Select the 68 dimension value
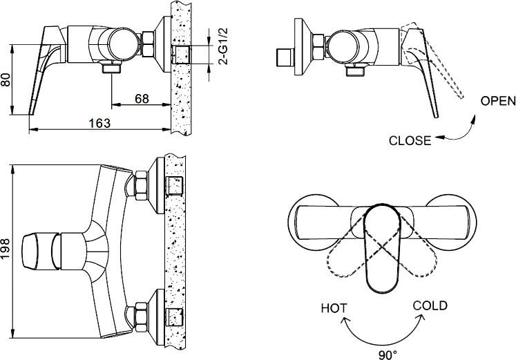pyautogui.click(x=142, y=99)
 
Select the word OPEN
pyautogui.click(x=497, y=101)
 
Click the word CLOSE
pyautogui.click(x=410, y=140)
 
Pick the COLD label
pyautogui.click(x=430, y=305)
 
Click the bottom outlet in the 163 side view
pyautogui.click(x=110, y=68)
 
